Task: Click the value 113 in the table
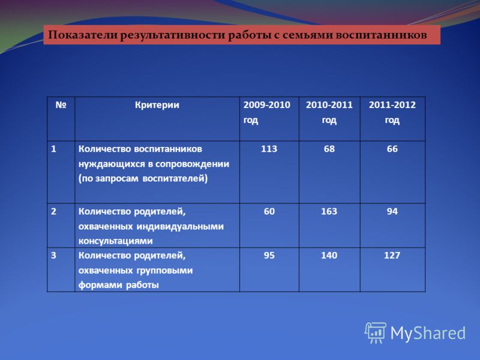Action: (x=269, y=149)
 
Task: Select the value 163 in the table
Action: (x=329, y=212)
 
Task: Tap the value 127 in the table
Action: (x=392, y=256)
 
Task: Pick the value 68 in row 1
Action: (x=329, y=149)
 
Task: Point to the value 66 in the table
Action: (x=392, y=149)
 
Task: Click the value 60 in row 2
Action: (x=269, y=212)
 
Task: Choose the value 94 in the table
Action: (x=392, y=212)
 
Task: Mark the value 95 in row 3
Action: (x=269, y=256)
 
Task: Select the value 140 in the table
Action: (x=329, y=256)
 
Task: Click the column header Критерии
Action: (x=157, y=106)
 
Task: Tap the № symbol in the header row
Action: (x=61, y=105)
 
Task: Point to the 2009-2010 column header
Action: (x=266, y=112)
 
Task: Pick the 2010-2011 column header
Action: (x=329, y=112)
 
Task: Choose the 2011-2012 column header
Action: (x=392, y=112)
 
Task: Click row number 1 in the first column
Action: (x=53, y=149)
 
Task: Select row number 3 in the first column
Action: (x=53, y=256)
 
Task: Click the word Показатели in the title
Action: (x=83, y=35)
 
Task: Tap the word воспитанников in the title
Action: (x=381, y=35)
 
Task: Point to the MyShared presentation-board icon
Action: (x=376, y=333)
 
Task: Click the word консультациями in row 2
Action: (x=115, y=241)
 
